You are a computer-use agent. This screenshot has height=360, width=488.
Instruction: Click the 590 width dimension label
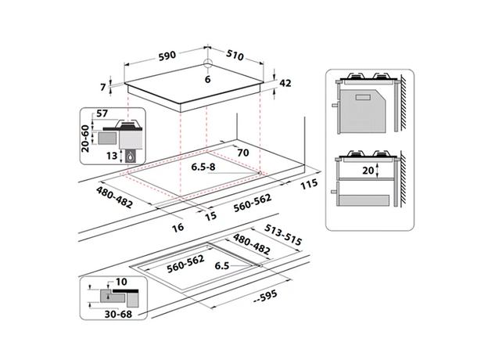point(167,56)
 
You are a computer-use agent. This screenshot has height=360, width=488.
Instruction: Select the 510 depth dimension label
point(235,55)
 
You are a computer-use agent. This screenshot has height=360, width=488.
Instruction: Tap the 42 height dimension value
point(285,83)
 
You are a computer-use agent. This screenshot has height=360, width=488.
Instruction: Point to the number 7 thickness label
point(103,87)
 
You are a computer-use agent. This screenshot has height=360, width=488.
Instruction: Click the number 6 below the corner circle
point(207,79)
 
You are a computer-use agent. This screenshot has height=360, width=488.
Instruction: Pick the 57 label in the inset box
point(102,113)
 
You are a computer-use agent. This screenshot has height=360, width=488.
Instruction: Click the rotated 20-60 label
point(85,139)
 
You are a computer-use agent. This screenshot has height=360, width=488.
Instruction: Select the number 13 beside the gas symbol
point(112,156)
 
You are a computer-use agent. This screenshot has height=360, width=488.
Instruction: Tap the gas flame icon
point(130,156)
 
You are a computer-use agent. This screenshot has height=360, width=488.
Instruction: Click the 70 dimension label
point(243,153)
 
